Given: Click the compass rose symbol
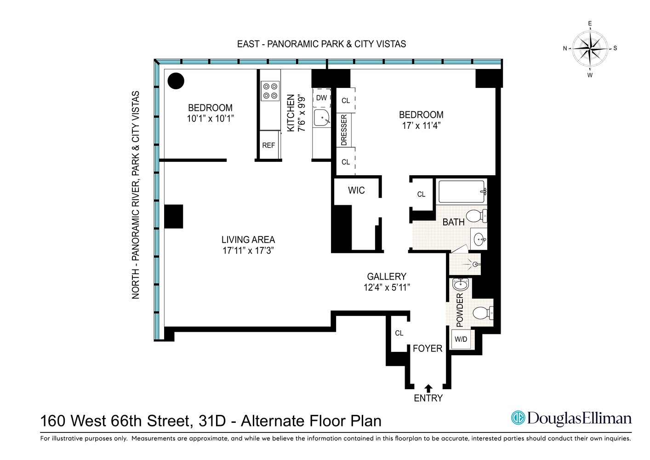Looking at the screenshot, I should [590, 48].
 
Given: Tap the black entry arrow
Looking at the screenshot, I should [428, 388].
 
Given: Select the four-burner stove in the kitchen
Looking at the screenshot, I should [270, 91].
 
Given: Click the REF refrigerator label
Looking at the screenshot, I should [268, 145].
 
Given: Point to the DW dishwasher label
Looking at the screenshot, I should [322, 98].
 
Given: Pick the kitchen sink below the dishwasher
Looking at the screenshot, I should [322, 119].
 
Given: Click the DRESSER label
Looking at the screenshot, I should [344, 130].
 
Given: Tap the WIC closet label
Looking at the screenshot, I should [356, 190].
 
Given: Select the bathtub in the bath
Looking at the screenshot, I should [462, 191].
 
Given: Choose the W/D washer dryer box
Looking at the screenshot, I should [461, 339].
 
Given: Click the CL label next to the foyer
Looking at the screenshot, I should [399, 333].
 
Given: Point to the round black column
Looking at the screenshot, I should [176, 81].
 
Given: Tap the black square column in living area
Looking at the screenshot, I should [174, 216].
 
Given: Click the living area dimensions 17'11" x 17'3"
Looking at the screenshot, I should [248, 251].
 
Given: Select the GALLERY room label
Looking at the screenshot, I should [387, 276].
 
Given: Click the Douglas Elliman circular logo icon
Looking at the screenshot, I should [518, 418].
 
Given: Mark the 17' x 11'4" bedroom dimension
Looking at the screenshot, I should [421, 126].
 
